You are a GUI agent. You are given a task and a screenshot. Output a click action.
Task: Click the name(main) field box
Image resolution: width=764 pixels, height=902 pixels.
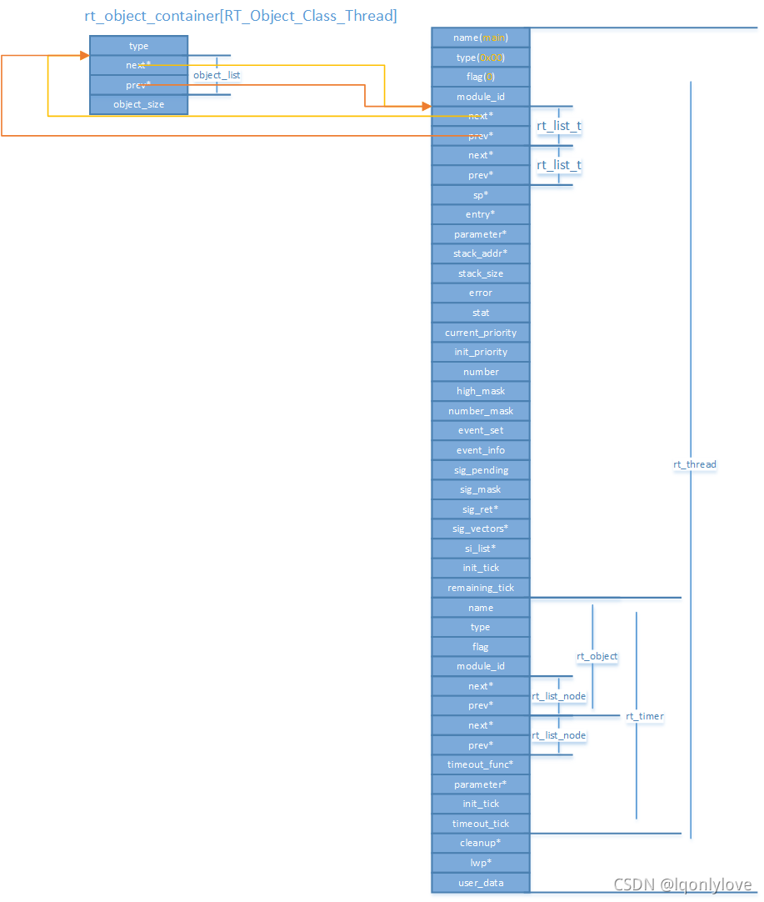pyautogui.click(x=481, y=38)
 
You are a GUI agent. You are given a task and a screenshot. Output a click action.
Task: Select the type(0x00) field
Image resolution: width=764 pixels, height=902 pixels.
pyautogui.click(x=481, y=58)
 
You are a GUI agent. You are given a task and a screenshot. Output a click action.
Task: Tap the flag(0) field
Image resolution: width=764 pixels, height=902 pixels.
pyautogui.click(x=481, y=77)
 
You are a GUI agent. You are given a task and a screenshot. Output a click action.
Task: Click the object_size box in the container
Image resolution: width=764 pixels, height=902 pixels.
pyautogui.click(x=138, y=104)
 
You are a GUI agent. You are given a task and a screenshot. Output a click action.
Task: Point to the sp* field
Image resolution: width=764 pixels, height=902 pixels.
pyautogui.click(x=481, y=194)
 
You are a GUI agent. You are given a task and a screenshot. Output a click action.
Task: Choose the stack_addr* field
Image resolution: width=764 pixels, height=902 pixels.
pyautogui.click(x=481, y=253)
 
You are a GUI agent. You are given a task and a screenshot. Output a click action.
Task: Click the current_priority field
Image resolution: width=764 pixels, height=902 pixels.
pyautogui.click(x=481, y=333)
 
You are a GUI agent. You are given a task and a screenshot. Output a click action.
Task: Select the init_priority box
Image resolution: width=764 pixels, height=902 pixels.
pyautogui.click(x=481, y=352)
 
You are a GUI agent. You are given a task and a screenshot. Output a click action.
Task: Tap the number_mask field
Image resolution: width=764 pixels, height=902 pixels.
pyautogui.click(x=481, y=411)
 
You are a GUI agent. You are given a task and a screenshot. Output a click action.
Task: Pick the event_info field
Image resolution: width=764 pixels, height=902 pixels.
pyautogui.click(x=481, y=450)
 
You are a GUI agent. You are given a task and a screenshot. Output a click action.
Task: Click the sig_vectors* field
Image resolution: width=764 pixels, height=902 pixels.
pyautogui.click(x=481, y=529)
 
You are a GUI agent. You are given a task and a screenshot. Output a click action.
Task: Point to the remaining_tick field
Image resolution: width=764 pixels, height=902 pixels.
pyautogui.click(x=481, y=588)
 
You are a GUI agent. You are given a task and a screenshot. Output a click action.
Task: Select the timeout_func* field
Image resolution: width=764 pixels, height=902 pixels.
pyautogui.click(x=481, y=764)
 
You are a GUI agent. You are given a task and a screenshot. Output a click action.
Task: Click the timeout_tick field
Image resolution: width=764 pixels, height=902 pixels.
pyautogui.click(x=481, y=824)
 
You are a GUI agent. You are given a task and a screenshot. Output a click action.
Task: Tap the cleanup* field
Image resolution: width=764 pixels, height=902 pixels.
pyautogui.click(x=481, y=843)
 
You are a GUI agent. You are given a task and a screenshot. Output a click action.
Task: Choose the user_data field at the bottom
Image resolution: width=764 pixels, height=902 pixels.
pyautogui.click(x=481, y=883)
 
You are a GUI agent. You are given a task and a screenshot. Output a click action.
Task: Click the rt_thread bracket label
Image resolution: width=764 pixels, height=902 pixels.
pyautogui.click(x=695, y=464)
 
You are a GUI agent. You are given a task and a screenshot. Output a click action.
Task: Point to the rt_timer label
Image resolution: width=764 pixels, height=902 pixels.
pyautogui.click(x=645, y=716)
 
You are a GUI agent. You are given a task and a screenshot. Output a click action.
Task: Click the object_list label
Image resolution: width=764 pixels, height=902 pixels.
pyautogui.click(x=217, y=75)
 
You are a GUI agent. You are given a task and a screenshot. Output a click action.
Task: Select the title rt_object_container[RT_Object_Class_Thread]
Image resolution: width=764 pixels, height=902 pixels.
pyautogui.click(x=241, y=16)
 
